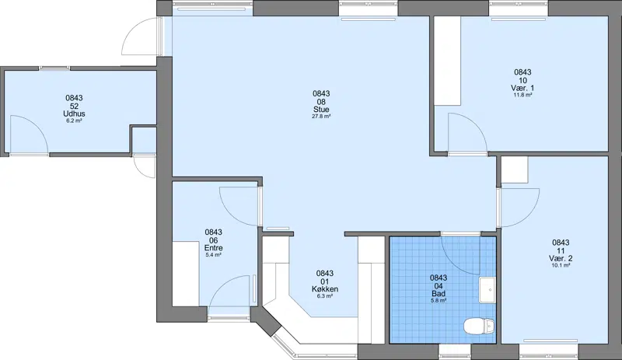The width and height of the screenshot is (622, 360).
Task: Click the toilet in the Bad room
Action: (x=479, y=327)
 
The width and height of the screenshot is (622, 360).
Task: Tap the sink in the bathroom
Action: (x=487, y=290)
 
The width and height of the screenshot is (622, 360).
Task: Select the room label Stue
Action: (x=321, y=110)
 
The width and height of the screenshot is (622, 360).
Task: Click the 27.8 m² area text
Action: (x=321, y=117)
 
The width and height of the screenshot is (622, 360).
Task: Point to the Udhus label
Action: (x=74, y=114)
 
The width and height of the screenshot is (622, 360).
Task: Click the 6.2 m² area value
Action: (x=74, y=121)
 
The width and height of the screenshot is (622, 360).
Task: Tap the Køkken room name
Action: (x=325, y=289)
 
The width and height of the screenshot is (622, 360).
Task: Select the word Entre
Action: (x=213, y=248)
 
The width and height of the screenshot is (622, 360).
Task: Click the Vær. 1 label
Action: (x=522, y=88)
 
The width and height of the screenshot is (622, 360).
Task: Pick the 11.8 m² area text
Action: (x=522, y=96)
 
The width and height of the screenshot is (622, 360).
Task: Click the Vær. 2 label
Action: (x=561, y=258)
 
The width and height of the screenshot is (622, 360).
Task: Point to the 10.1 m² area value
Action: (x=561, y=266)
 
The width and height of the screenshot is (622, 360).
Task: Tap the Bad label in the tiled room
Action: (x=439, y=294)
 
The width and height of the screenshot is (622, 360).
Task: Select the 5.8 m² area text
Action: (x=439, y=301)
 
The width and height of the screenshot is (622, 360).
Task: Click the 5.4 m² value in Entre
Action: (x=213, y=255)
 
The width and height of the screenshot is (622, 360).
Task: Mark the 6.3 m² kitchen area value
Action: (x=325, y=296)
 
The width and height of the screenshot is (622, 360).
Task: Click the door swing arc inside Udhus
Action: (x=37, y=127)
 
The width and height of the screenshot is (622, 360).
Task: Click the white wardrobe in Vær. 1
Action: (x=448, y=61)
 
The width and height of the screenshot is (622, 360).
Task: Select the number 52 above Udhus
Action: (x=74, y=106)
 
